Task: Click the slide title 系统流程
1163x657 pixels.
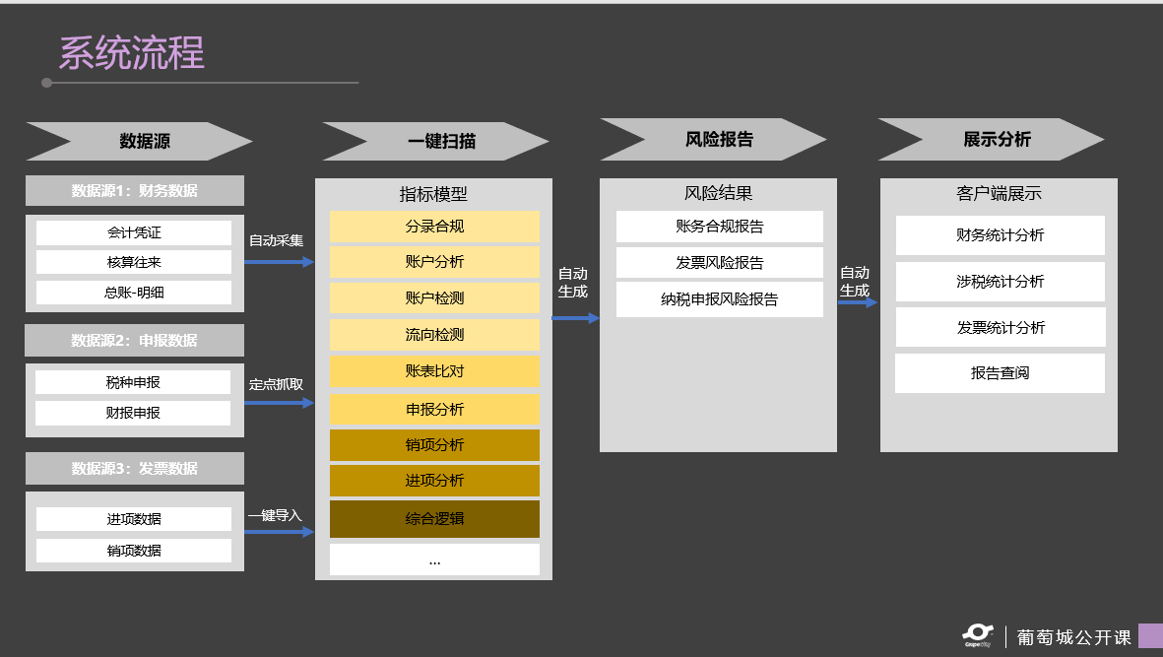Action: coord(132,53)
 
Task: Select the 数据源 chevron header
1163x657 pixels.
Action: coord(143,141)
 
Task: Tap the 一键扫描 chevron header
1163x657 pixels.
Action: coord(439,141)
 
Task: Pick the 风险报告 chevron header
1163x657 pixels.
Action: coord(718,139)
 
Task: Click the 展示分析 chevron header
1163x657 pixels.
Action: coord(996,139)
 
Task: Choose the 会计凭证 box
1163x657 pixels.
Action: coord(134,233)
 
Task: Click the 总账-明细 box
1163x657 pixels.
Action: coord(134,293)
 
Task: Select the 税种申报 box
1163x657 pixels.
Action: coord(133,382)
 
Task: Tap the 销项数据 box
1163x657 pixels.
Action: coord(134,551)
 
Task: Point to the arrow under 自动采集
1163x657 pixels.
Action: coord(279,262)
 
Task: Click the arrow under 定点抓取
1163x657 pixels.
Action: coord(279,403)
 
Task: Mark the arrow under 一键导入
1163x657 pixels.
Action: coord(279,532)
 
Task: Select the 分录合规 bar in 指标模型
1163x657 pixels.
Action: coord(434,227)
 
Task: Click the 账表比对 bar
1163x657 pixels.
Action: coord(434,371)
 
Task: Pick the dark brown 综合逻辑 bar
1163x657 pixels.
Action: coord(434,519)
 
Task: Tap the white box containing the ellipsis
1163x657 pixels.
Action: coord(434,559)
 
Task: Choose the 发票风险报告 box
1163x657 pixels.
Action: coord(719,263)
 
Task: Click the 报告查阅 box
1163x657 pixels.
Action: coord(1000,373)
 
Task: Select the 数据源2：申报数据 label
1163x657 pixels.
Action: coord(134,341)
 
